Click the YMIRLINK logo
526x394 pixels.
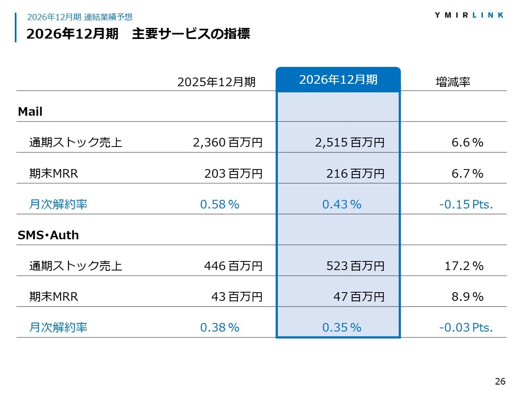coord(469,15)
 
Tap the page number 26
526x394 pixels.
coord(500,381)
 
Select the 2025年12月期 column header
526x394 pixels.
coord(217,82)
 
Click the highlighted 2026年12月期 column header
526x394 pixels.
coord(338,80)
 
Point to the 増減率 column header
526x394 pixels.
coord(453,82)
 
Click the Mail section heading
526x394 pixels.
coord(30,112)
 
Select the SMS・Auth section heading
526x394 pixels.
coord(48,235)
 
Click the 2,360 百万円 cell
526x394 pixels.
coord(228,142)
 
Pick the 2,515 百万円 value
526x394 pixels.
coord(350,142)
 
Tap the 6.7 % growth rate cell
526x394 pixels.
coord(467,174)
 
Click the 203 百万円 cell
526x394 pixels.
coord(233,174)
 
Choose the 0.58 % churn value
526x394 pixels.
coord(219,204)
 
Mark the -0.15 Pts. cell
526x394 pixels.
coord(466,204)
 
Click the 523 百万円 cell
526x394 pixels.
coord(355,266)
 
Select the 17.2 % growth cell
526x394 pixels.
coord(464,266)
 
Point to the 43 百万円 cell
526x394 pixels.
coord(237,297)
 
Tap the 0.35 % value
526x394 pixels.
coord(341,328)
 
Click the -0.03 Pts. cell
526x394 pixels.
coord(466,328)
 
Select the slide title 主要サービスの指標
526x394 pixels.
coord(191,34)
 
